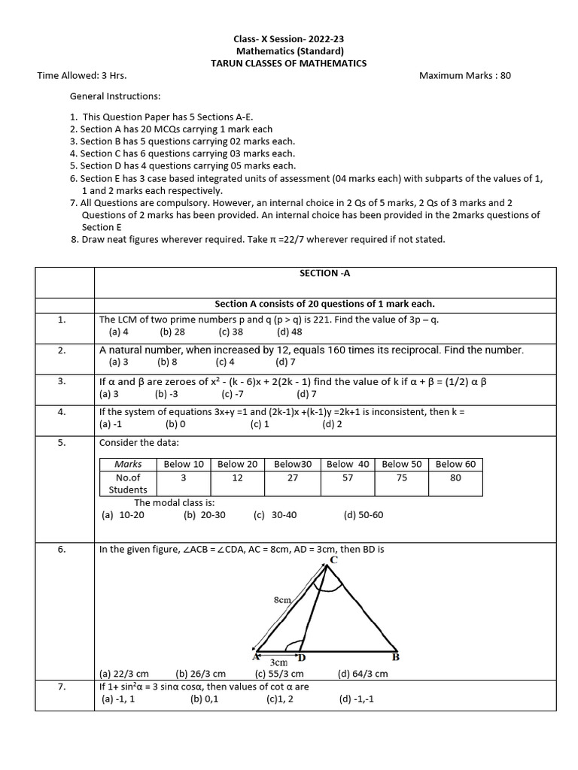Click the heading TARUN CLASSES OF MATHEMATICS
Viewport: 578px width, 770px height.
tap(289, 63)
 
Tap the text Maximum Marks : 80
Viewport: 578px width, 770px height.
tap(464, 75)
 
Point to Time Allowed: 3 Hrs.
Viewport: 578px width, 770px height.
tap(82, 75)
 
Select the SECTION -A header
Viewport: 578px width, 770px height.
tap(324, 273)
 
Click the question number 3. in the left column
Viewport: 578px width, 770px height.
tap(62, 381)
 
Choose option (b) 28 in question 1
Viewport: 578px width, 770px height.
tap(172, 331)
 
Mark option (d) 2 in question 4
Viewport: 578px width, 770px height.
tap(332, 424)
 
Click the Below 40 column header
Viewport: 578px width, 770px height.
tap(348, 464)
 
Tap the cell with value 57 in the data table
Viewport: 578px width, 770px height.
tap(348, 477)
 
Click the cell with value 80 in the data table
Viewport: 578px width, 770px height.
tap(455, 477)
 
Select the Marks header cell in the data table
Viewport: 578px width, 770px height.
tap(128, 464)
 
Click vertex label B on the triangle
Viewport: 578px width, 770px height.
tap(396, 656)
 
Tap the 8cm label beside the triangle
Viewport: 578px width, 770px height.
tap(282, 600)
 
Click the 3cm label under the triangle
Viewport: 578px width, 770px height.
tap(278, 662)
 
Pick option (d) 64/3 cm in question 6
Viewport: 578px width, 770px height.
tap(363, 674)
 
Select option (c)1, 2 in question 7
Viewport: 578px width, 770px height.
tap(279, 699)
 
